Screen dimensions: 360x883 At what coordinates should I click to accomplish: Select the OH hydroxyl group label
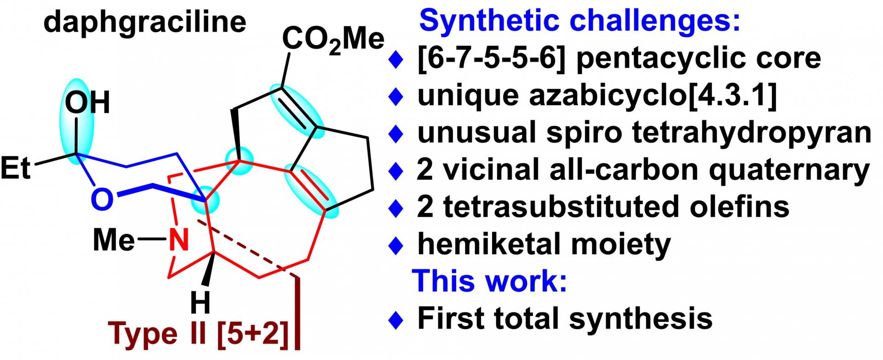click(x=87, y=103)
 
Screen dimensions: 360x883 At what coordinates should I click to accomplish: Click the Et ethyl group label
click(x=16, y=168)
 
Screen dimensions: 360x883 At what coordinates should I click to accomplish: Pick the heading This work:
click(x=490, y=280)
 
